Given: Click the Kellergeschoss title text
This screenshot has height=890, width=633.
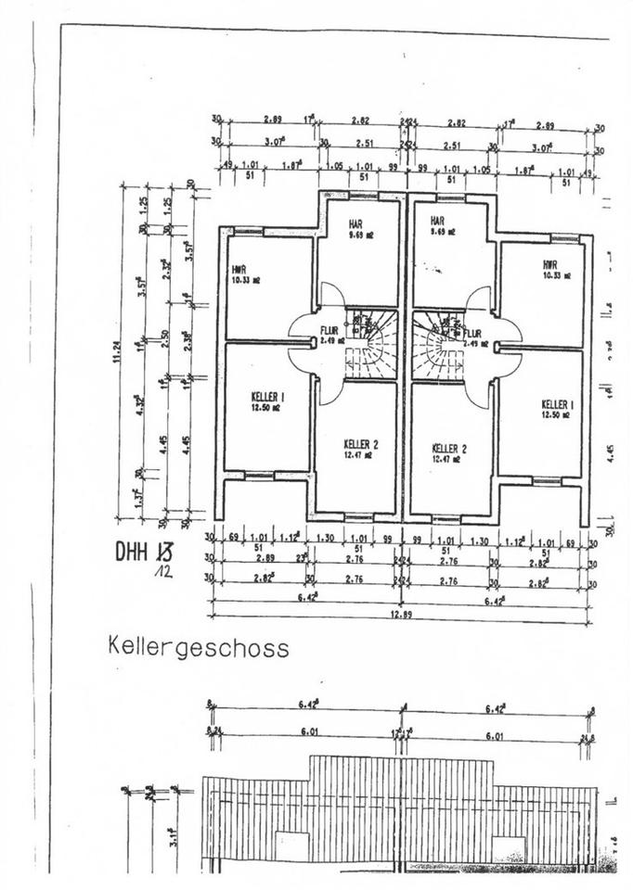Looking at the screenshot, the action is click(198, 645).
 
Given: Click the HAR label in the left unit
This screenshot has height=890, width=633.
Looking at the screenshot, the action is click(355, 224).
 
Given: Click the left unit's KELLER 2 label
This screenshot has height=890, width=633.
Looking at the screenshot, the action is click(360, 444).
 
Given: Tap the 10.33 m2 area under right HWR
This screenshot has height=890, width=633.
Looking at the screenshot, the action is click(556, 276).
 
